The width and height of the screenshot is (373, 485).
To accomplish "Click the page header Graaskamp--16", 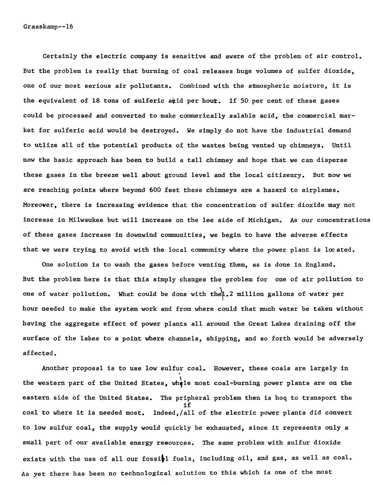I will pyautogui.click(x=48, y=26).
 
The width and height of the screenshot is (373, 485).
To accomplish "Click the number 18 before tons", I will pyautogui.click(x=96, y=101).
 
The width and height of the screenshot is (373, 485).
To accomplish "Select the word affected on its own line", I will pyautogui.click(x=39, y=353).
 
